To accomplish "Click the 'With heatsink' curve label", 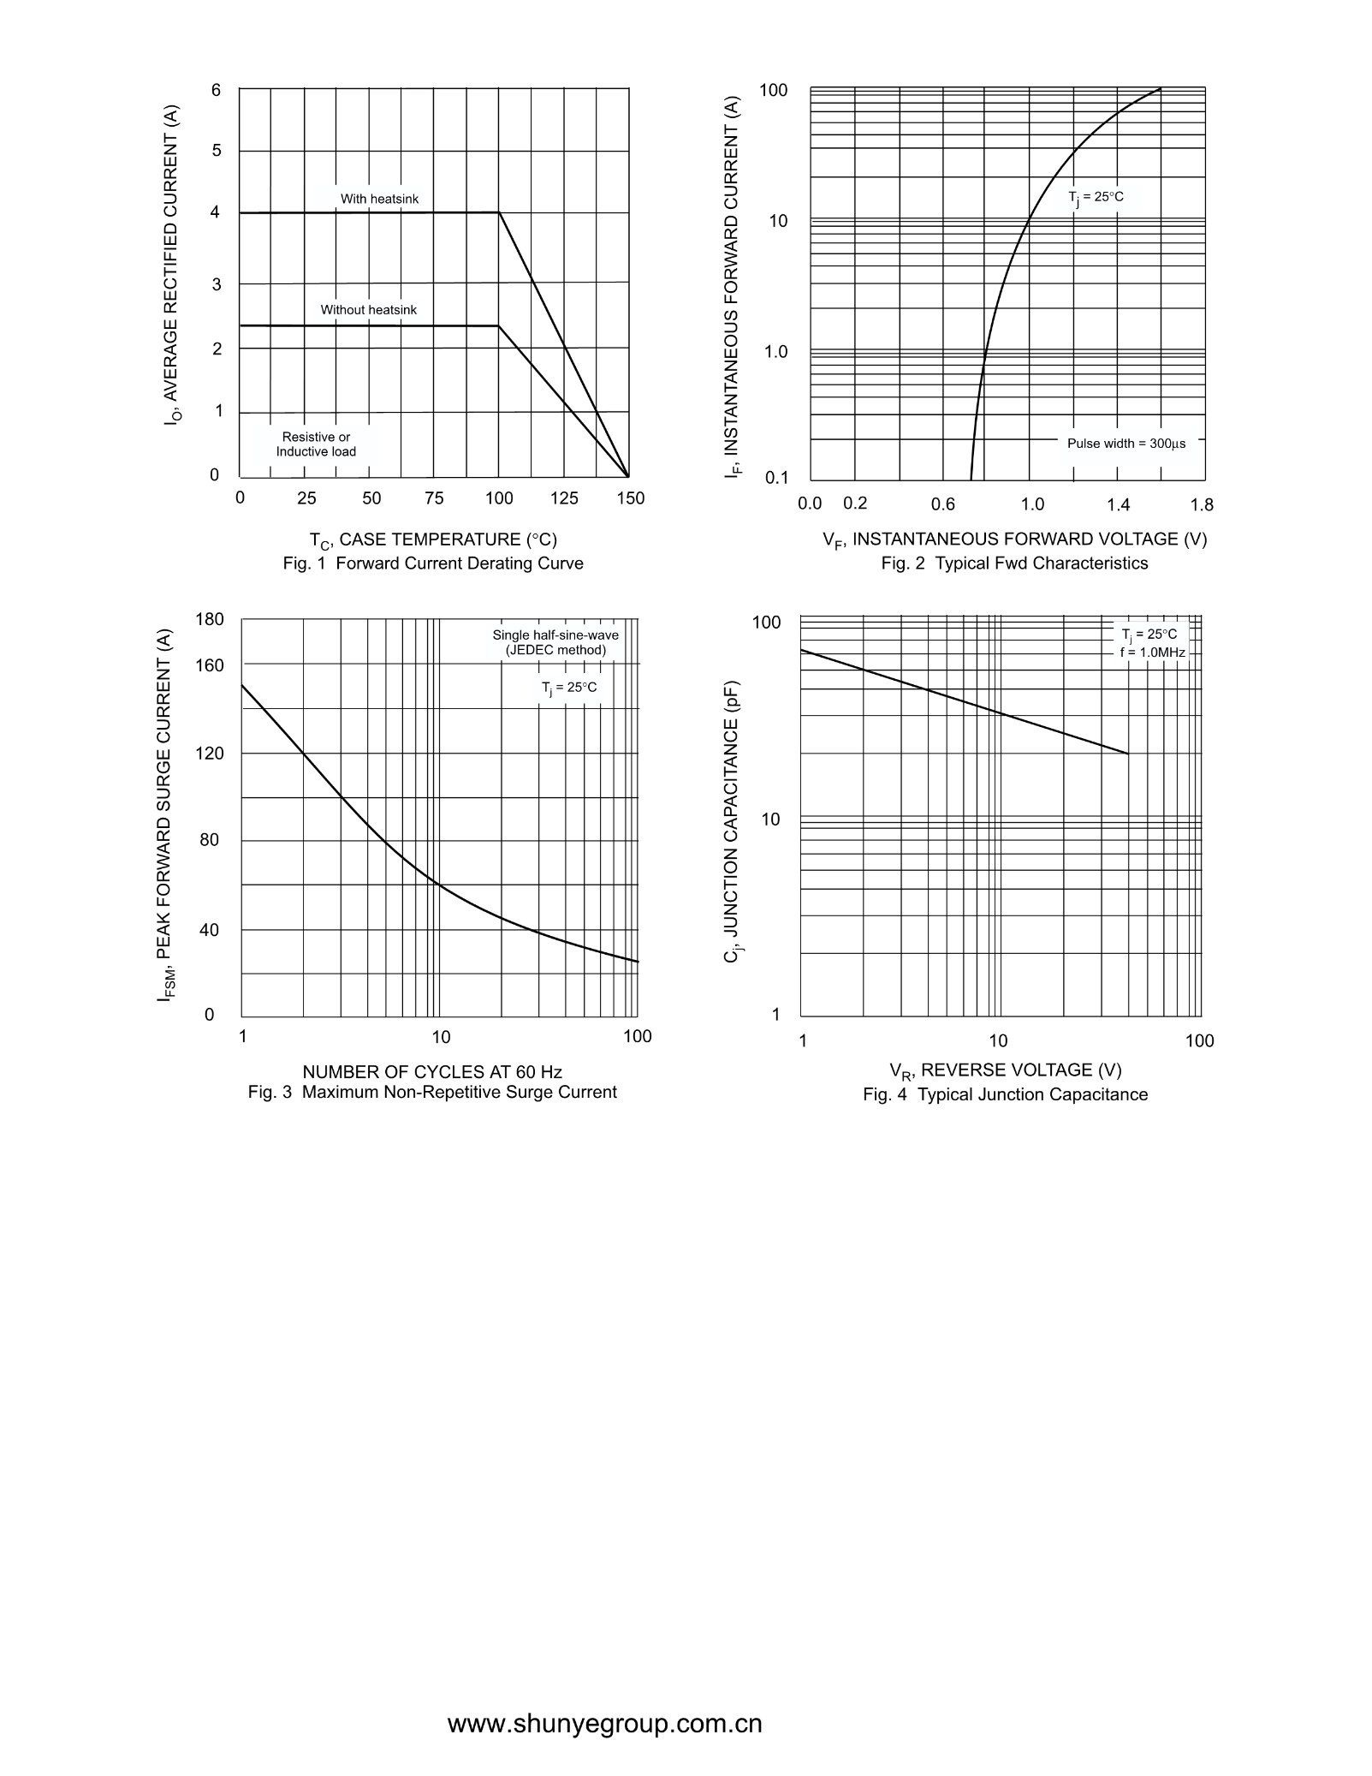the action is coord(380,199).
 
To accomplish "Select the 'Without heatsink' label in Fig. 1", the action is coord(369,309).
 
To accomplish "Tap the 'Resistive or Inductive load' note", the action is coord(316,444).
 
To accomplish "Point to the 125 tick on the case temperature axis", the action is coord(564,498).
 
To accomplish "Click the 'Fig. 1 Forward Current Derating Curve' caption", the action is coord(433,563).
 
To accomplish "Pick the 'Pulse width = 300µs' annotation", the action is coord(1126,444).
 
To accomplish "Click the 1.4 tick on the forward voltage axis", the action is coord(1118,504).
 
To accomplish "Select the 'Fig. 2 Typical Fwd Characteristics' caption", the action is coord(1015,563).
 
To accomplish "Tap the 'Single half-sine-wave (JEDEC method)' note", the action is coord(555,642).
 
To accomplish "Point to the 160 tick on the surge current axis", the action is coord(210,665).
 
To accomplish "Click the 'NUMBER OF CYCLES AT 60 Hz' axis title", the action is coord(432,1072).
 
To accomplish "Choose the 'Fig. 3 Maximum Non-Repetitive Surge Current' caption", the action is coord(432,1093).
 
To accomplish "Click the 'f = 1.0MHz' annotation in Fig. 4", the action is coord(1152,653).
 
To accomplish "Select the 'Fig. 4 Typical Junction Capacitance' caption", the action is coord(1006,1094).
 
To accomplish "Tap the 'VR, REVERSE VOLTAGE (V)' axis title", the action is coord(1006,1071).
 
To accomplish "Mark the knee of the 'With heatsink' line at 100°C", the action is coord(499,212).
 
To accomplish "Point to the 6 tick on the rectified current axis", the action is coord(216,90).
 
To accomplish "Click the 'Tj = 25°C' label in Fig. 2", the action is coord(1096,198).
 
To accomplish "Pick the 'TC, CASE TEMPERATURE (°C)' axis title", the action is coord(433,540).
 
